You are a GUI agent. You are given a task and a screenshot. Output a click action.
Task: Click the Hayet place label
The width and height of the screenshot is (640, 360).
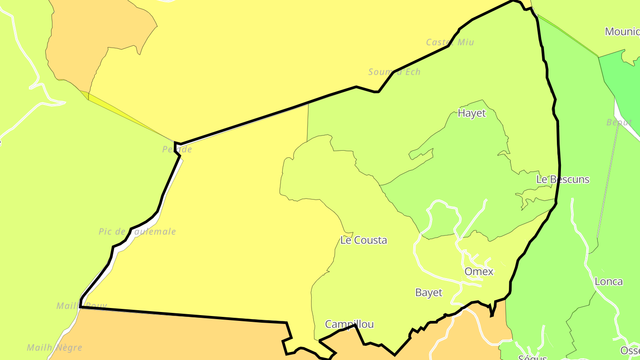pos(472,113)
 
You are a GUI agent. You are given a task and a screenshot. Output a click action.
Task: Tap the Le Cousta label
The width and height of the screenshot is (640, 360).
pos(364,240)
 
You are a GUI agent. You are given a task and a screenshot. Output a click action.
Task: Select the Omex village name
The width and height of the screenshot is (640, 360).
pos(479,272)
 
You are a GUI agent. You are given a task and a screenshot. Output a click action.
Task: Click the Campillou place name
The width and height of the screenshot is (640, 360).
pos(349,324)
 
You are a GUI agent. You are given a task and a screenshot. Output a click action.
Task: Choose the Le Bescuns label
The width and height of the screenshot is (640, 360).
pos(563,180)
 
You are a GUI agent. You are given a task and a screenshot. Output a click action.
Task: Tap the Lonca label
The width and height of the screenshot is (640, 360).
pos(608,282)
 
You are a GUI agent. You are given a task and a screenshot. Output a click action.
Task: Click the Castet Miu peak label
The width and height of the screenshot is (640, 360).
pos(450,42)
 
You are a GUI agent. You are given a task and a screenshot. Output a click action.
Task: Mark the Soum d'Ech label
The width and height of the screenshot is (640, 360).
pos(394,72)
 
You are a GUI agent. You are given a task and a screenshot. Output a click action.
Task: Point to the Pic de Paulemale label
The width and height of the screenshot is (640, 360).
pos(137,232)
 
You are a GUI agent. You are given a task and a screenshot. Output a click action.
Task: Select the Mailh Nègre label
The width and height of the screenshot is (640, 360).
pos(54,348)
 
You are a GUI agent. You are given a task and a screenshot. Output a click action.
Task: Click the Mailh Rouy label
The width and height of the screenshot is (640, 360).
pos(82,306)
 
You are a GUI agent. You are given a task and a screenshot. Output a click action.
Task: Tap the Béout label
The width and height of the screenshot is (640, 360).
pos(619,122)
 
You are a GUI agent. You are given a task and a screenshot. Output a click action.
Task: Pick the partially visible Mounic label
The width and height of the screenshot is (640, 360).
pos(622,32)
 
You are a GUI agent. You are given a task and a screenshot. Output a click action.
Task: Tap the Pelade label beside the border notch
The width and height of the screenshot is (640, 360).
pos(177,149)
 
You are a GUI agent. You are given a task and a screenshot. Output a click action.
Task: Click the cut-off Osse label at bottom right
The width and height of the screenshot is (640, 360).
pos(630,351)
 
